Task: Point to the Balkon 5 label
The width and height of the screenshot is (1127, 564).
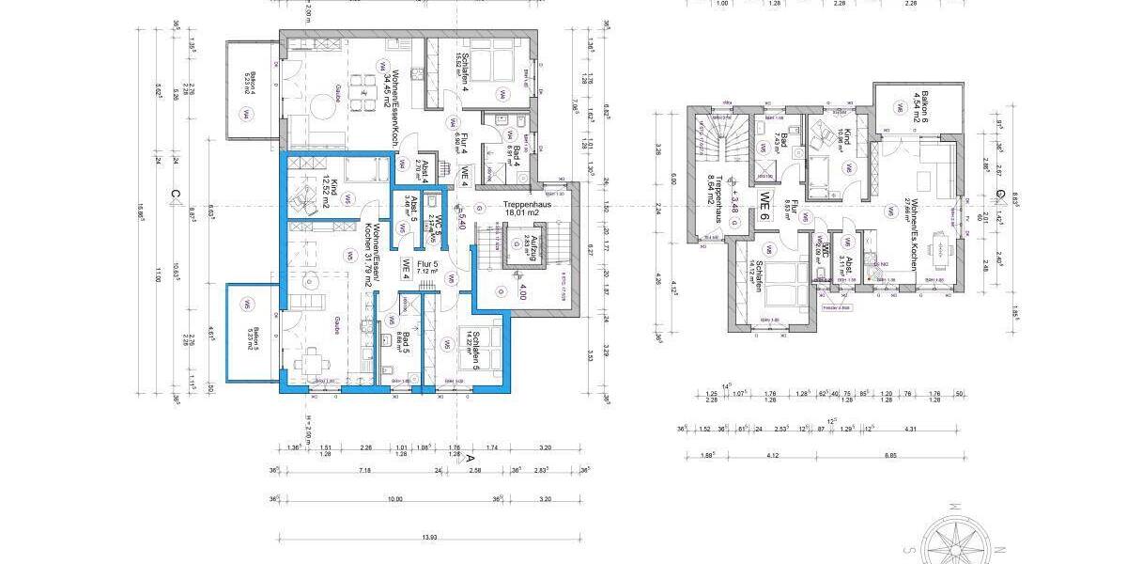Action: (x=247, y=337)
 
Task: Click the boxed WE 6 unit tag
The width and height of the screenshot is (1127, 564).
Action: (x=765, y=203)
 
